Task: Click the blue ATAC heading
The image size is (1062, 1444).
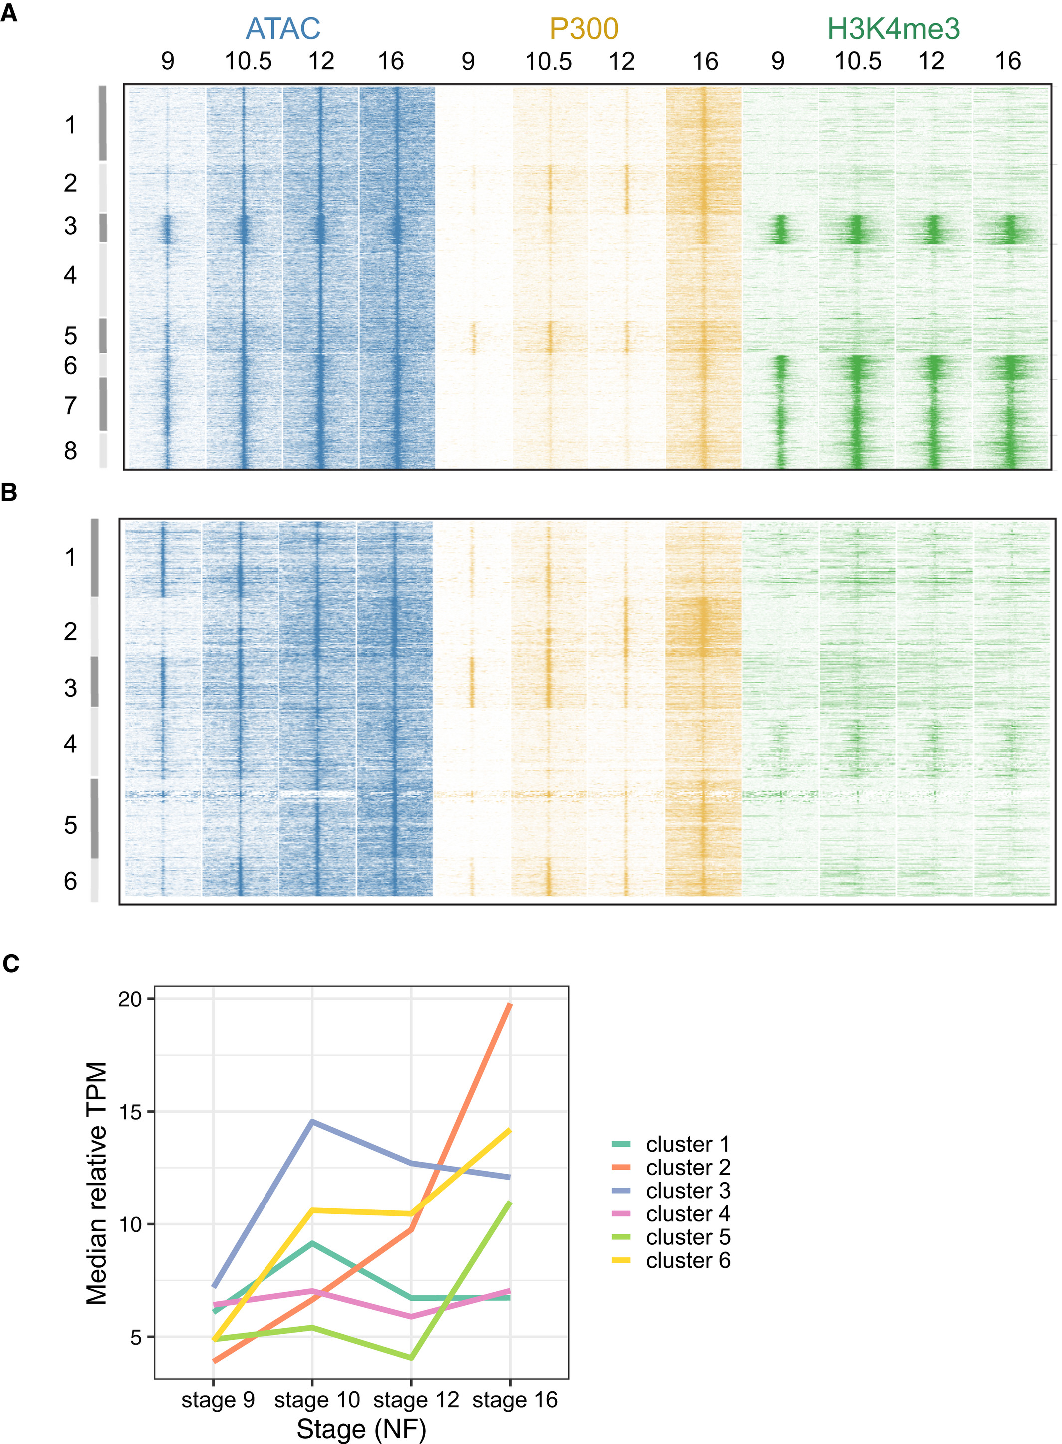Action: coord(283,29)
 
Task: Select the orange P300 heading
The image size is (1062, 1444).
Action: coord(584,29)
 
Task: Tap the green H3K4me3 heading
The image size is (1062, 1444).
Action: coord(894,29)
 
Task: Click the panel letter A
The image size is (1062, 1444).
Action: coord(9,13)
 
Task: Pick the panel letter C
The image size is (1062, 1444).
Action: coord(10,963)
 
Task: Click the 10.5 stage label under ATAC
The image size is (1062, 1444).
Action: coord(248,62)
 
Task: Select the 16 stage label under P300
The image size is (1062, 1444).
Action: coord(705,62)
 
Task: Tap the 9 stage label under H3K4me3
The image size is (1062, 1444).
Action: coord(778,62)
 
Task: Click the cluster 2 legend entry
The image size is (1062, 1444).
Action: coord(687,1167)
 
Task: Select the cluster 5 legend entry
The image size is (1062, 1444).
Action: coord(687,1237)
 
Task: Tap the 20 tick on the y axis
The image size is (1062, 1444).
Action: coord(129,999)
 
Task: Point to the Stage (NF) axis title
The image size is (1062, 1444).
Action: coord(361,1429)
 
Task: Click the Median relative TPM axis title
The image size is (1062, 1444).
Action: coord(96,1183)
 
